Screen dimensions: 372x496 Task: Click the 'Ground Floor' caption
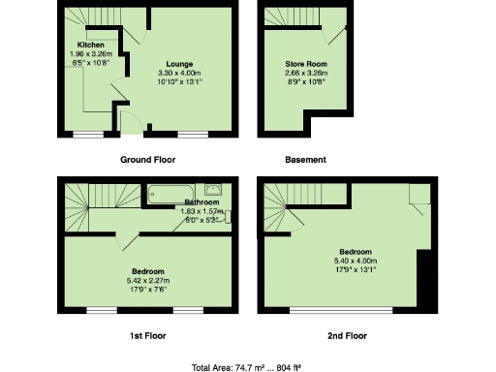click(148, 159)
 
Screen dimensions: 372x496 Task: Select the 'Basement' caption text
click(305, 159)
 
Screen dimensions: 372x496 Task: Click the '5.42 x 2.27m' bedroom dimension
click(149, 279)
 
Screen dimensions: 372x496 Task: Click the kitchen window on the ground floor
click(88, 133)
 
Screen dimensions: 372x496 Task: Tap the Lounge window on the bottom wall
click(192, 133)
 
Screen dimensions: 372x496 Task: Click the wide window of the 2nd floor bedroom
click(342, 310)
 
